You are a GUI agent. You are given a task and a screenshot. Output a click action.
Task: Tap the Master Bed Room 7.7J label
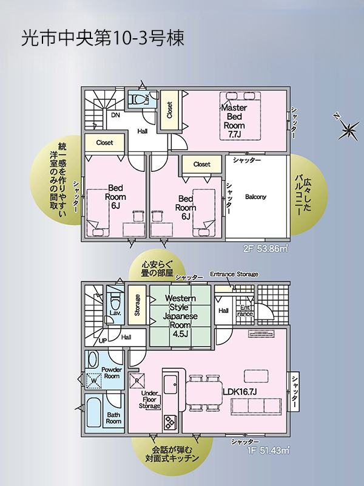pos(234,121)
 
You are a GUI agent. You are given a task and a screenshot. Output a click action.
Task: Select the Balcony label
pos(255,197)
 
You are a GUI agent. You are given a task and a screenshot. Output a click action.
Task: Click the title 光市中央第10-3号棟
pos(103,38)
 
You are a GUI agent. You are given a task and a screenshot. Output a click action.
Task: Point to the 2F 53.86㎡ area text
pos(266,248)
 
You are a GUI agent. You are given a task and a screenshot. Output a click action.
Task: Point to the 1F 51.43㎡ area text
pos(268,450)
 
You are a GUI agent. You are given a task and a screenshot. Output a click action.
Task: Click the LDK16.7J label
pos(240,392)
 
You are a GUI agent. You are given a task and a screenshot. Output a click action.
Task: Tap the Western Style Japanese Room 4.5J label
pos(180,316)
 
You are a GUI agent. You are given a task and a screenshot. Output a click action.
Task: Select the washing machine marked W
pos(95,380)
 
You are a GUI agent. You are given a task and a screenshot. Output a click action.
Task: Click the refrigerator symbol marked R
pos(137,380)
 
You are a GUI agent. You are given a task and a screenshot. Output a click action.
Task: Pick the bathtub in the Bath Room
pos(94,412)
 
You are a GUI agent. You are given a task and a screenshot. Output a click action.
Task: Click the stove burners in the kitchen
pos(170,422)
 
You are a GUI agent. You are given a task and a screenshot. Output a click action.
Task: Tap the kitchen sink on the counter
pos(170,385)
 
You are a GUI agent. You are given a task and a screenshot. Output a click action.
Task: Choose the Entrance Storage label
pos(234,275)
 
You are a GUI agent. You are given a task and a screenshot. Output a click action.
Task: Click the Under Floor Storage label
pos(150,400)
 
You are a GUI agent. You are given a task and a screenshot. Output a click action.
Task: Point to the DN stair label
pos(115,115)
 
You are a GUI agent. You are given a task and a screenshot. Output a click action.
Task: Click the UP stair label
pos(103,341)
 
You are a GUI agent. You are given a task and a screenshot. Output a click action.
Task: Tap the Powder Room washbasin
pos(92,360)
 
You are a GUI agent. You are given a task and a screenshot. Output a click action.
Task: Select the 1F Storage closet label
pos(137,305)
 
